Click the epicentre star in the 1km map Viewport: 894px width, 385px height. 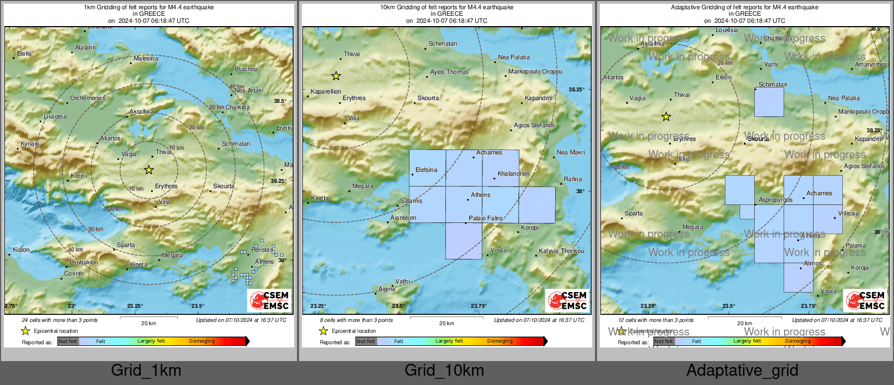(148, 170)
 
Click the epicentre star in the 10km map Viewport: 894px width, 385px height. (336, 76)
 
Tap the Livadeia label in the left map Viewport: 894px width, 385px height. (55, 116)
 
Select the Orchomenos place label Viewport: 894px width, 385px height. (88, 98)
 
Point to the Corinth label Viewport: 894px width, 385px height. (74, 274)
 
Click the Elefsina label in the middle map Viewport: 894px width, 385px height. (426, 170)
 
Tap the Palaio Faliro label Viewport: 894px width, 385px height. (486, 218)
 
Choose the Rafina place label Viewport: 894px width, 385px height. (573, 179)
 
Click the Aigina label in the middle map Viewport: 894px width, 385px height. (387, 289)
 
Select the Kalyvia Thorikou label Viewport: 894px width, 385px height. (561, 251)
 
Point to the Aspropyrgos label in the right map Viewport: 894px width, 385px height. (775, 200)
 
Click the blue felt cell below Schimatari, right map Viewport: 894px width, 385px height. (769, 102)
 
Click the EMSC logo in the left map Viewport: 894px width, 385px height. (270, 300)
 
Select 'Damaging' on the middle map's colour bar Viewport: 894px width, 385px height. (500, 341)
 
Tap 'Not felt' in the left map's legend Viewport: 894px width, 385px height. (68, 341)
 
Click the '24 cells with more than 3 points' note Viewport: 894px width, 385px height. (60, 320)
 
